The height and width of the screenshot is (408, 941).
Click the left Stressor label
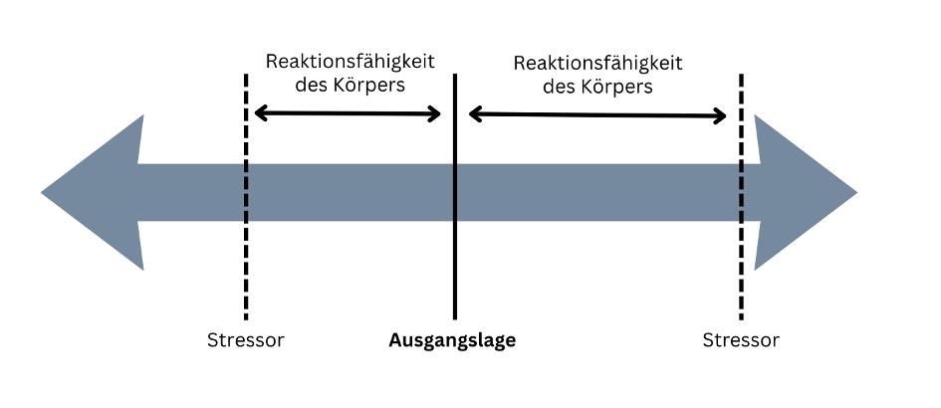(245, 340)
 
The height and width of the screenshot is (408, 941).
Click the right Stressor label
(741, 340)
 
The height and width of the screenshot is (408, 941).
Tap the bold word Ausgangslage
(452, 340)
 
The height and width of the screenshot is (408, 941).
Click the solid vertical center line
(455, 269)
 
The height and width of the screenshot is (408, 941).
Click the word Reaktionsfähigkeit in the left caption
(350, 62)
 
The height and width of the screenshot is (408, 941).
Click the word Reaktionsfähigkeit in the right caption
(597, 63)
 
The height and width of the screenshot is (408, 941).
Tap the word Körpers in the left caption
(370, 86)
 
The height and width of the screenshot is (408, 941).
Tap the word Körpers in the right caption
(618, 87)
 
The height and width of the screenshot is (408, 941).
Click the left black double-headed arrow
(348, 113)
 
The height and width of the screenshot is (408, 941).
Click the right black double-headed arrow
(597, 115)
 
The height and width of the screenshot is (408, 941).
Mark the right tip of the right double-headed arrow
(725, 116)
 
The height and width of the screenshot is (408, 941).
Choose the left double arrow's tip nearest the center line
(438, 113)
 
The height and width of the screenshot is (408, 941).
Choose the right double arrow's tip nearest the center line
(471, 114)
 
